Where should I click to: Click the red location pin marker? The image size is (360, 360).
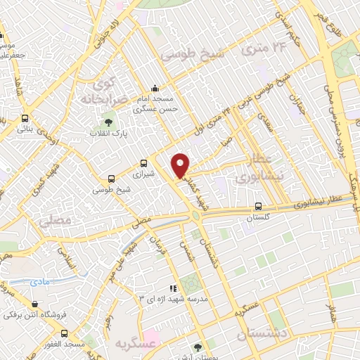pos(181,165)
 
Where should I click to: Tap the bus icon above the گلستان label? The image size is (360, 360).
pos(259,207)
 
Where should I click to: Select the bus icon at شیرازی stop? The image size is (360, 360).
pos(144,162)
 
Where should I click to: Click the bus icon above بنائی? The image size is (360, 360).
pos(25,119)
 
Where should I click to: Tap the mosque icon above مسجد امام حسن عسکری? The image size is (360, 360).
pos(155,88)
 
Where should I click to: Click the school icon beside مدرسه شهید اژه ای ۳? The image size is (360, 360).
pos(172,288)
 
